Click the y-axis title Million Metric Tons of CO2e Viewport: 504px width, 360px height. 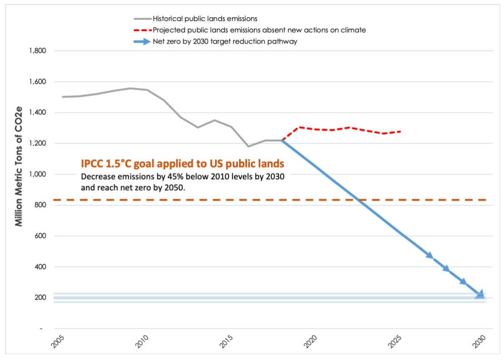point(19,166)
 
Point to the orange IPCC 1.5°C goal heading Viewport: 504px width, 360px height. point(182,164)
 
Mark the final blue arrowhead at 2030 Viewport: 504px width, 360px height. point(480,295)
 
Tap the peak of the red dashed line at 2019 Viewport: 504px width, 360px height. point(300,127)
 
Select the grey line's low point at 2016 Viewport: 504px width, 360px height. point(248,146)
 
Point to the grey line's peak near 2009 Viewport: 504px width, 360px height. point(130,88)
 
